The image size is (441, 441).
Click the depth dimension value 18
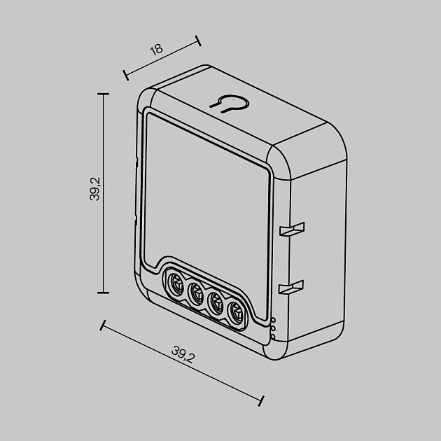click(x=156, y=49)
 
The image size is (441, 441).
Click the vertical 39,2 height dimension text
click(x=96, y=188)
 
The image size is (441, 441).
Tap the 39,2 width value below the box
click(x=183, y=356)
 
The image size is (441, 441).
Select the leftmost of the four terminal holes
click(x=172, y=283)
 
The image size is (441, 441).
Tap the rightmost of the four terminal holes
click(x=237, y=315)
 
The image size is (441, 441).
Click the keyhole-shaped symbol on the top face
click(x=230, y=103)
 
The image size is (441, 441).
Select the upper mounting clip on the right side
click(x=291, y=230)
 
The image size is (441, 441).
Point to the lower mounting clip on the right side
click(x=291, y=287)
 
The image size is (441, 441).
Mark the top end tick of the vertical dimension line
click(x=104, y=94)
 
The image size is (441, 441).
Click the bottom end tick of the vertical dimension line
click(x=104, y=292)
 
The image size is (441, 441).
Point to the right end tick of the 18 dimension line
click(x=197, y=39)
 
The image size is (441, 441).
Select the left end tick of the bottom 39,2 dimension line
click(x=104, y=325)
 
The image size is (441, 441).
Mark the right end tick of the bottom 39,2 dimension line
click(x=262, y=401)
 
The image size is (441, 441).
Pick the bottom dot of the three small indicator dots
click(x=273, y=337)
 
